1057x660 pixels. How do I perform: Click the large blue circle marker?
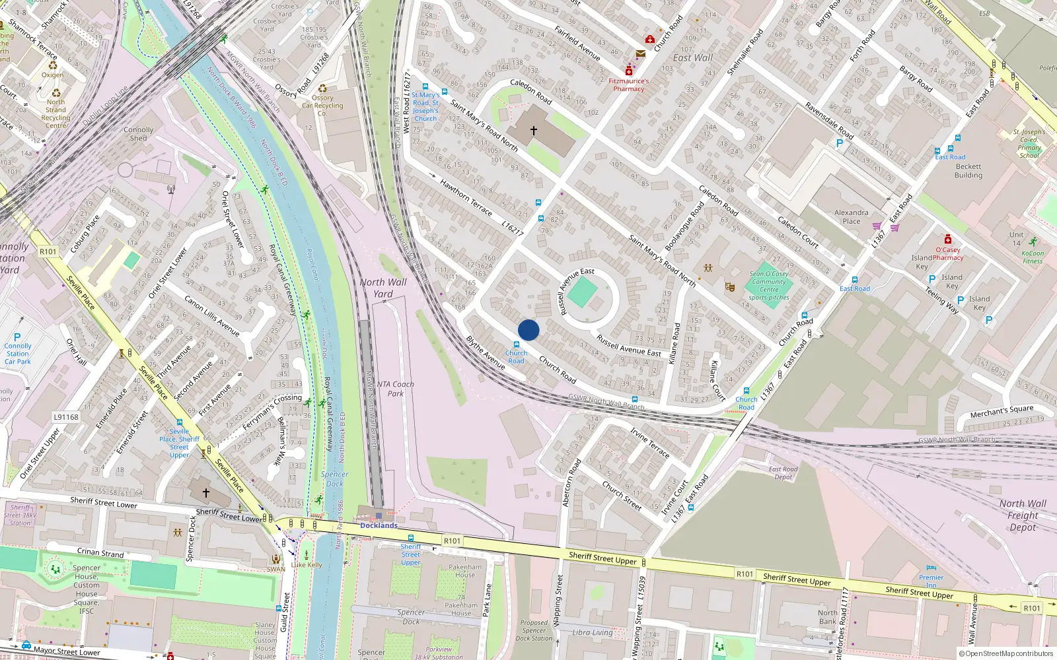click(x=528, y=330)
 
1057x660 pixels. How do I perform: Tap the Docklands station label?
click(x=379, y=525)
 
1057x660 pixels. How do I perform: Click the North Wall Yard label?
click(x=383, y=288)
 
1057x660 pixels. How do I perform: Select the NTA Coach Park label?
click(x=395, y=389)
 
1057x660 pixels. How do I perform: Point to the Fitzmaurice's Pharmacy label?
click(x=628, y=85)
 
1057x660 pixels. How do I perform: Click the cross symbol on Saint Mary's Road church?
click(x=534, y=131)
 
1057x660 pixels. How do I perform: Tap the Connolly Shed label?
click(x=139, y=134)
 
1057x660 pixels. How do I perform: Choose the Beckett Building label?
click(x=968, y=171)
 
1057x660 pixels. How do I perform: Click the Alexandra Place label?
click(x=852, y=216)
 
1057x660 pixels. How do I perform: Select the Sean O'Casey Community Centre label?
click(x=769, y=285)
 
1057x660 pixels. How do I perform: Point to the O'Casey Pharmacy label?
click(x=948, y=253)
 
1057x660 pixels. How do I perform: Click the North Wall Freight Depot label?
click(x=1023, y=515)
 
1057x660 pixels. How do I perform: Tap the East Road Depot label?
click(x=783, y=473)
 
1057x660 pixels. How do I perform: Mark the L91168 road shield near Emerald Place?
click(x=66, y=417)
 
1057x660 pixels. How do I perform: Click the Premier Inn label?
click(x=931, y=581)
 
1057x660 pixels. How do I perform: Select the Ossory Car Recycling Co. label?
click(x=322, y=106)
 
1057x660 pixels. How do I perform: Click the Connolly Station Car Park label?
click(x=18, y=353)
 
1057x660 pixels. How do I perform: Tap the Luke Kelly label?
click(x=307, y=564)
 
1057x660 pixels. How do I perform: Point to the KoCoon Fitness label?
click(x=1033, y=257)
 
